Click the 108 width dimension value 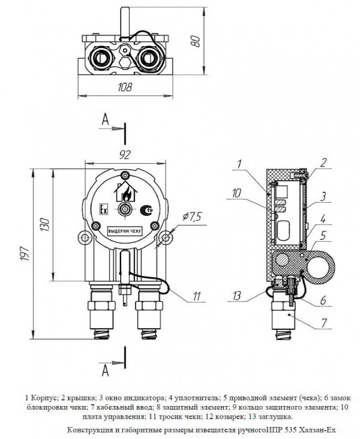coord(125,88)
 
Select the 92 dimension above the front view coord(125,155)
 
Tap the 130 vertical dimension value coord(45,224)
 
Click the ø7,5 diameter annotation coord(192,216)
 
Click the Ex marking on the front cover coord(104,210)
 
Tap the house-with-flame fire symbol coord(126,192)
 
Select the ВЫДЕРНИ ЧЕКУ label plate coord(125,231)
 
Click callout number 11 coord(197,296)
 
